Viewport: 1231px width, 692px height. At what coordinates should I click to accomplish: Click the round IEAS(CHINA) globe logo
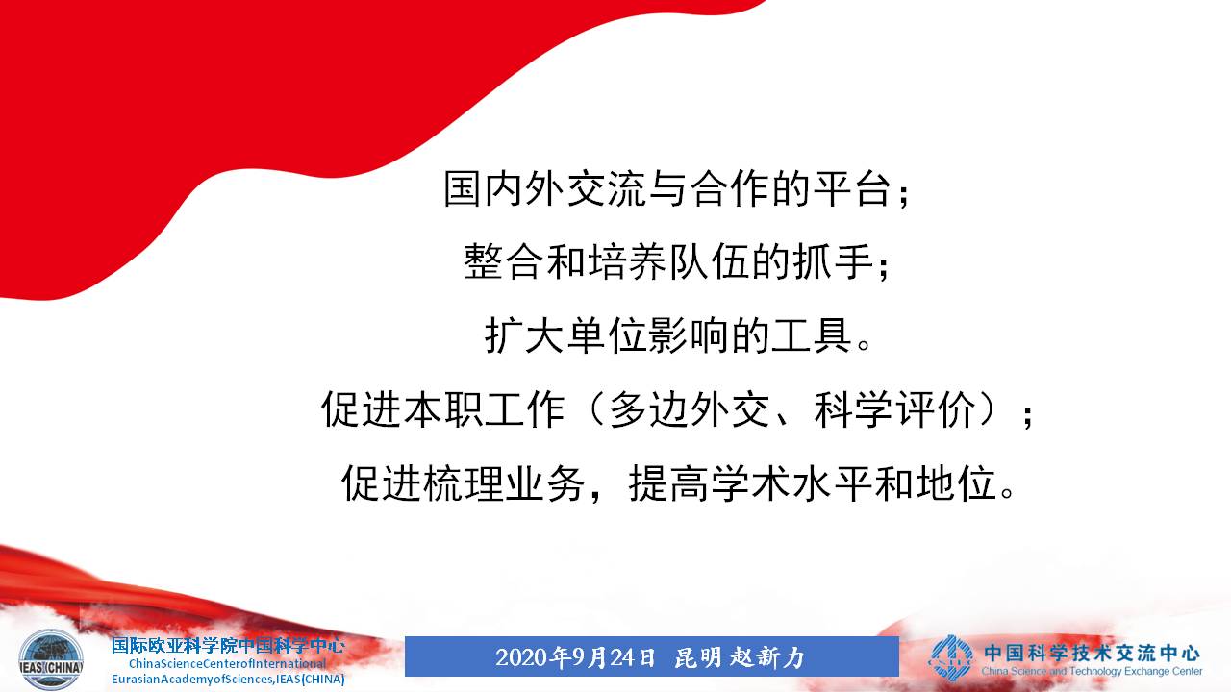tap(51, 659)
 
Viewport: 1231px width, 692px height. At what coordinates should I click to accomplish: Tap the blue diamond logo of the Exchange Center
tap(950, 658)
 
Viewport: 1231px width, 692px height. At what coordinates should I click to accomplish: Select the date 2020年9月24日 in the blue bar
tap(575, 656)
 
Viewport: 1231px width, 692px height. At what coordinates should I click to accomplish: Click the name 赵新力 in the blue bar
tap(767, 656)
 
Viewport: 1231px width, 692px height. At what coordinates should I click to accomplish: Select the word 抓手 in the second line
tap(833, 262)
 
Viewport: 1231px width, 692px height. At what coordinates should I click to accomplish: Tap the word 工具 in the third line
tap(813, 335)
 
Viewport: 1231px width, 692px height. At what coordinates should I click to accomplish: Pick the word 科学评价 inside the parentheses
tap(894, 409)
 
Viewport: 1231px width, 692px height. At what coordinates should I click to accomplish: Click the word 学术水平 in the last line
tap(791, 482)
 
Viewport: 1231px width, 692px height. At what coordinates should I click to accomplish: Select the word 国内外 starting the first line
tap(503, 188)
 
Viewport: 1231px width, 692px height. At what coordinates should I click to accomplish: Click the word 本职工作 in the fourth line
tap(485, 409)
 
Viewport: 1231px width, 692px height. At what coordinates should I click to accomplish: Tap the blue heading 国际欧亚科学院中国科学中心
tap(228, 645)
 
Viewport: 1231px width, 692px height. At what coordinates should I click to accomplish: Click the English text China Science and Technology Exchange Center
tap(1092, 671)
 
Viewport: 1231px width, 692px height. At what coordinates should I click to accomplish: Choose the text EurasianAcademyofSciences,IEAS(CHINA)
tap(228, 680)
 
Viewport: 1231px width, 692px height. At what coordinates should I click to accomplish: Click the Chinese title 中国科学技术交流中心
tap(1092, 653)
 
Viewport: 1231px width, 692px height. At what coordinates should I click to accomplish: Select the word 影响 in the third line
tap(690, 335)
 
